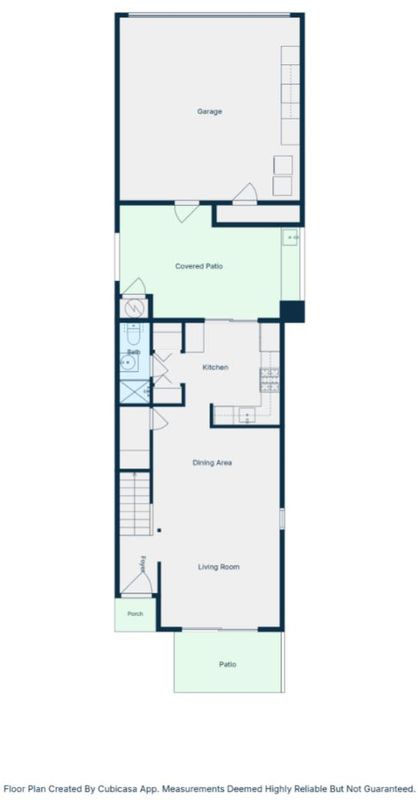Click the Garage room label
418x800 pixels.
pyautogui.click(x=209, y=111)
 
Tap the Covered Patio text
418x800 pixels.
pyautogui.click(x=199, y=266)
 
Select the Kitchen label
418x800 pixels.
pyautogui.click(x=215, y=367)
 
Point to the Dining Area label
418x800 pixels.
pyautogui.click(x=212, y=463)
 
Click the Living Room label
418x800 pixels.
pyautogui.click(x=218, y=567)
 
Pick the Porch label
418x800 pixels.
pyautogui.click(x=135, y=614)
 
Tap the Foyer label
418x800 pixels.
pyautogui.click(x=143, y=563)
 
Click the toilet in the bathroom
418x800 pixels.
pyautogui.click(x=133, y=334)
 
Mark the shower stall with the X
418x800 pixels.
pyautogui.click(x=135, y=392)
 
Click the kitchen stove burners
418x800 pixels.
pyautogui.click(x=269, y=380)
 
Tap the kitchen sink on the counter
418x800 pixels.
pyautogui.click(x=247, y=415)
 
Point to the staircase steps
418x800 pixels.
pyautogui.click(x=135, y=504)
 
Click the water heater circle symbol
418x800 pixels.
pyautogui.click(x=134, y=309)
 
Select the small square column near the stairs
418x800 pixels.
pyautogui.click(x=159, y=531)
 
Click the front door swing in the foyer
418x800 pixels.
pyautogui.click(x=138, y=583)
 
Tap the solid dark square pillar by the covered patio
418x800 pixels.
pyautogui.click(x=292, y=311)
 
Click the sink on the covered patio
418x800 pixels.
pyautogui.click(x=291, y=237)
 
